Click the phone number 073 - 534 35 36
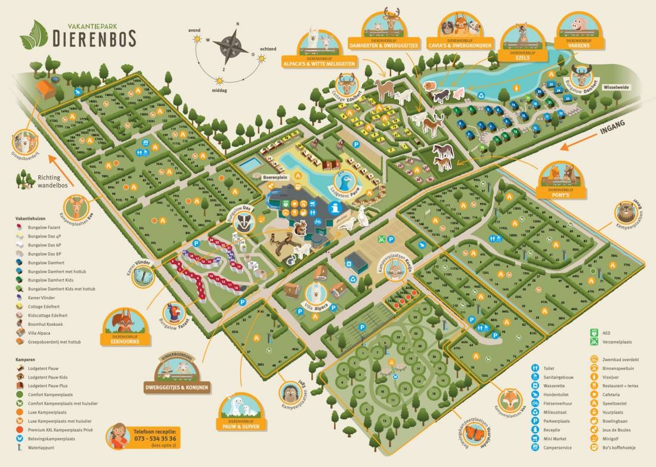[155, 439]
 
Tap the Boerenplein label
[275, 178]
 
